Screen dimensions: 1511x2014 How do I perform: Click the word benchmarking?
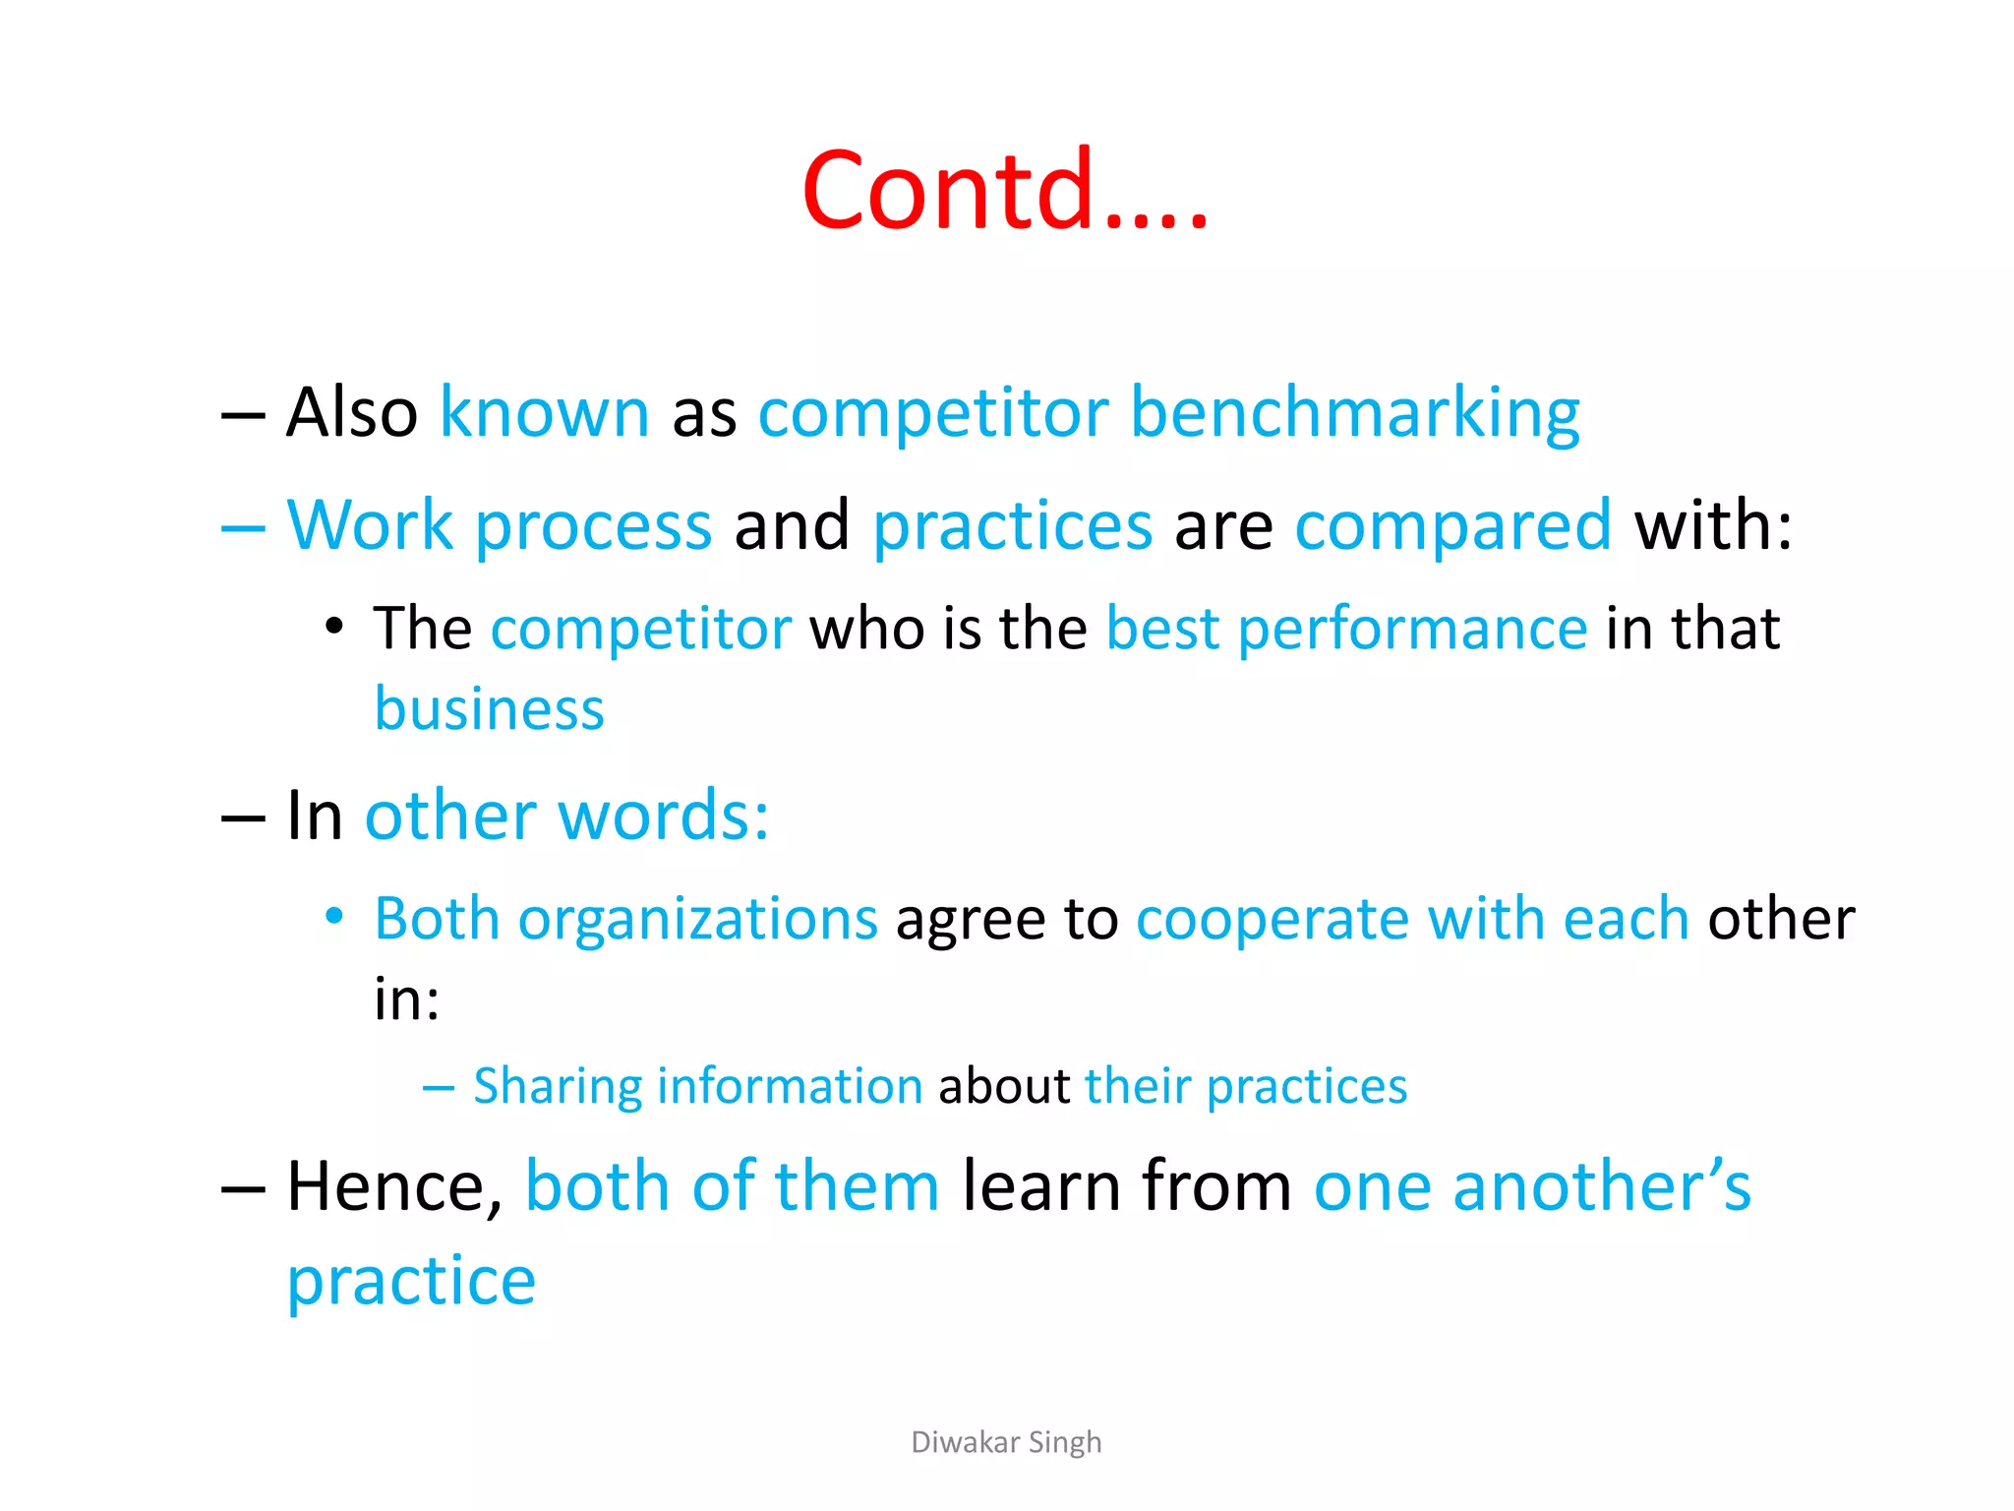(x=1355, y=413)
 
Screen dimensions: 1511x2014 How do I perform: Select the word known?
(x=544, y=413)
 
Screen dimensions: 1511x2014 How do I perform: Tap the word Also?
(x=352, y=413)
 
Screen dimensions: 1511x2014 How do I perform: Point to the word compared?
(x=1452, y=526)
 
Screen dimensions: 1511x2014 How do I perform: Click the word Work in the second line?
(x=370, y=526)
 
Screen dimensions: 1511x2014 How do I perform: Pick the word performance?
(x=1412, y=630)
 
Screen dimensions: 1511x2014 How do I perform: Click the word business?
(x=489, y=710)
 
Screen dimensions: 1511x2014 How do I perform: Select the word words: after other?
(x=663, y=816)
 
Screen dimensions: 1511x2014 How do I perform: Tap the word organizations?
(x=697, y=920)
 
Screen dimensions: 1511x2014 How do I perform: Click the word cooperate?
(x=1273, y=920)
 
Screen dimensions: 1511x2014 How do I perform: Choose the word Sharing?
(x=558, y=1087)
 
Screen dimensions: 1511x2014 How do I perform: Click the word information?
(x=790, y=1087)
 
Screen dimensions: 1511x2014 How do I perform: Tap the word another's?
(x=1602, y=1187)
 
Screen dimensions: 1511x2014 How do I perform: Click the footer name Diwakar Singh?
(x=1006, y=1442)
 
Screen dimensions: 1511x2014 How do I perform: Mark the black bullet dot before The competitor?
(x=334, y=627)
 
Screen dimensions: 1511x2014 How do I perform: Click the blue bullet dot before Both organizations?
(x=334, y=917)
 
